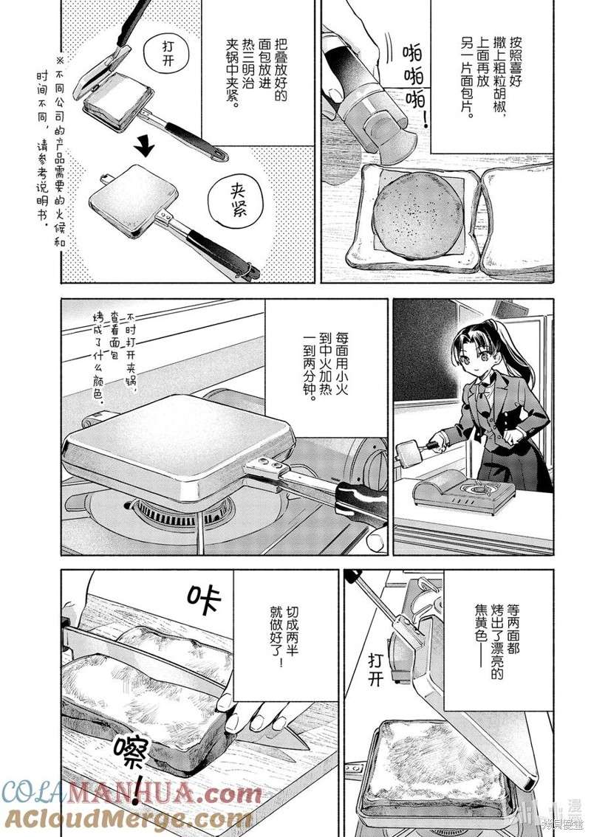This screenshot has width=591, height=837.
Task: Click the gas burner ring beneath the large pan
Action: coord(185,509)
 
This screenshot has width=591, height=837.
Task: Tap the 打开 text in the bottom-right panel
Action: coord(376,668)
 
